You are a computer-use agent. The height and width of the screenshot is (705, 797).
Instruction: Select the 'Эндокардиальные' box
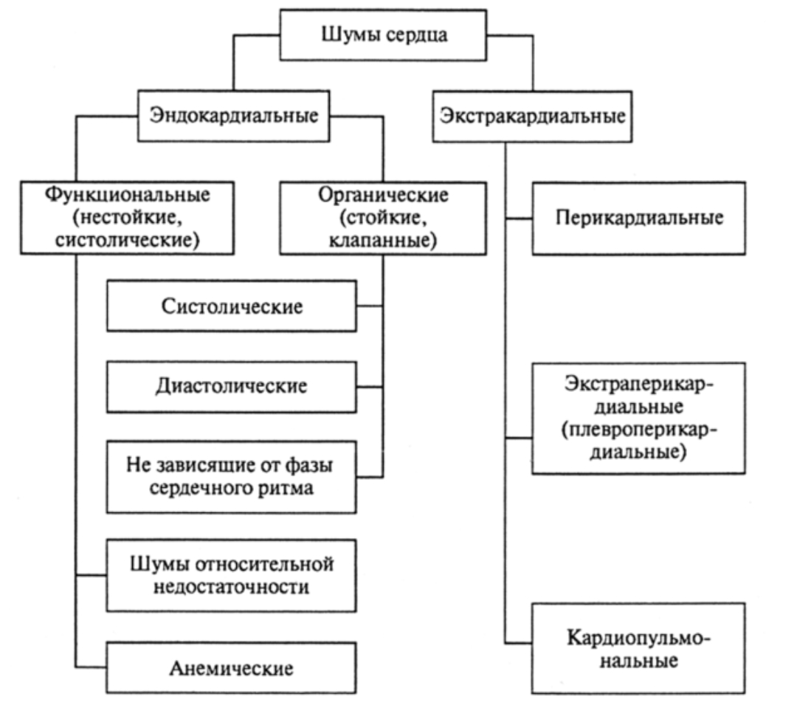233,115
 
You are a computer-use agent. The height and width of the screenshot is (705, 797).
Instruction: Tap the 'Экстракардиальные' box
531,115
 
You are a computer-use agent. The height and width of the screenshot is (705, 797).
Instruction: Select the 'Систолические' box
232,306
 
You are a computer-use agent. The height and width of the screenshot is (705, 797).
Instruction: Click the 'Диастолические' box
232,385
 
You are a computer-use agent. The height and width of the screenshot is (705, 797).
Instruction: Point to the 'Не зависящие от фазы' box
232,477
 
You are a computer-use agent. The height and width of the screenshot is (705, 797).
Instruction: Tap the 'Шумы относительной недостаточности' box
232,576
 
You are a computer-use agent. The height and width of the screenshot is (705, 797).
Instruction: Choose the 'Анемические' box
232,669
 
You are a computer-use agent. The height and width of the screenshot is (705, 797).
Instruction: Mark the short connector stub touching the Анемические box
92,669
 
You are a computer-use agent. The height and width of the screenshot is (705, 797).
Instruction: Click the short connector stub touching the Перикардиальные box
518,219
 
